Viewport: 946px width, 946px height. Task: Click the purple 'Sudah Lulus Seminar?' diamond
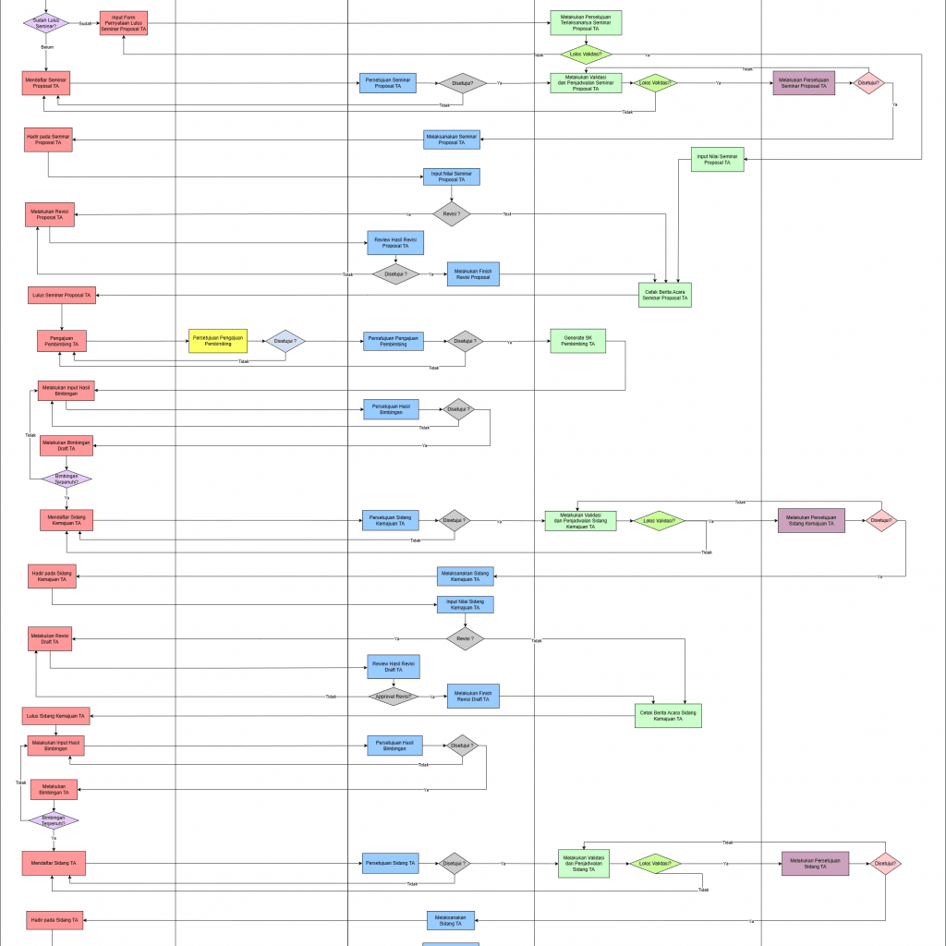coord(46,23)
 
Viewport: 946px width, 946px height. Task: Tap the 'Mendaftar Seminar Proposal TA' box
coord(46,83)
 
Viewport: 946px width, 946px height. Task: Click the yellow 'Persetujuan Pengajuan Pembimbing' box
coord(218,341)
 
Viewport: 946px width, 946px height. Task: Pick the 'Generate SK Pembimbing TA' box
coord(577,342)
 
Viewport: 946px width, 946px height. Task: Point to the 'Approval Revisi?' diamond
coord(393,697)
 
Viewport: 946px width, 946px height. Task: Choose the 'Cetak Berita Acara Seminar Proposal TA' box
coord(664,295)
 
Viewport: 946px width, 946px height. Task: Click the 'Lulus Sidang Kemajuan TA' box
coord(56,715)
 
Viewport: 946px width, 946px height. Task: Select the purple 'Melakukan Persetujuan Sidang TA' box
coord(814,864)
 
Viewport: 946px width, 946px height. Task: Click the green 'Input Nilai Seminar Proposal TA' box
coord(718,160)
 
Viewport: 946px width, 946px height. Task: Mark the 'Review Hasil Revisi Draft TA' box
coord(394,667)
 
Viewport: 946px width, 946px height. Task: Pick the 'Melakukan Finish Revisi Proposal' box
coord(473,273)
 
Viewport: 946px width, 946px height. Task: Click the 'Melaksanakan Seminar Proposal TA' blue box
coord(452,139)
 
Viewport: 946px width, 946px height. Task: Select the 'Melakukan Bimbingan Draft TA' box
coord(67,445)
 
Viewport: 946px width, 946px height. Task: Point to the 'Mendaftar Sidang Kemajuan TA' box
coord(67,520)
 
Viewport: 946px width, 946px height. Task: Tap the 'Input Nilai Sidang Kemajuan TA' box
coord(465,605)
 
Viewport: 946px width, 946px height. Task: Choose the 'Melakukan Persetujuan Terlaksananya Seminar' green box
coord(586,23)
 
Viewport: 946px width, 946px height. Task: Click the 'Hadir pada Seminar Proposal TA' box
coord(49,139)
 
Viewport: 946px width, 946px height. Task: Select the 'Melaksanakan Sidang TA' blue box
coord(451,920)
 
